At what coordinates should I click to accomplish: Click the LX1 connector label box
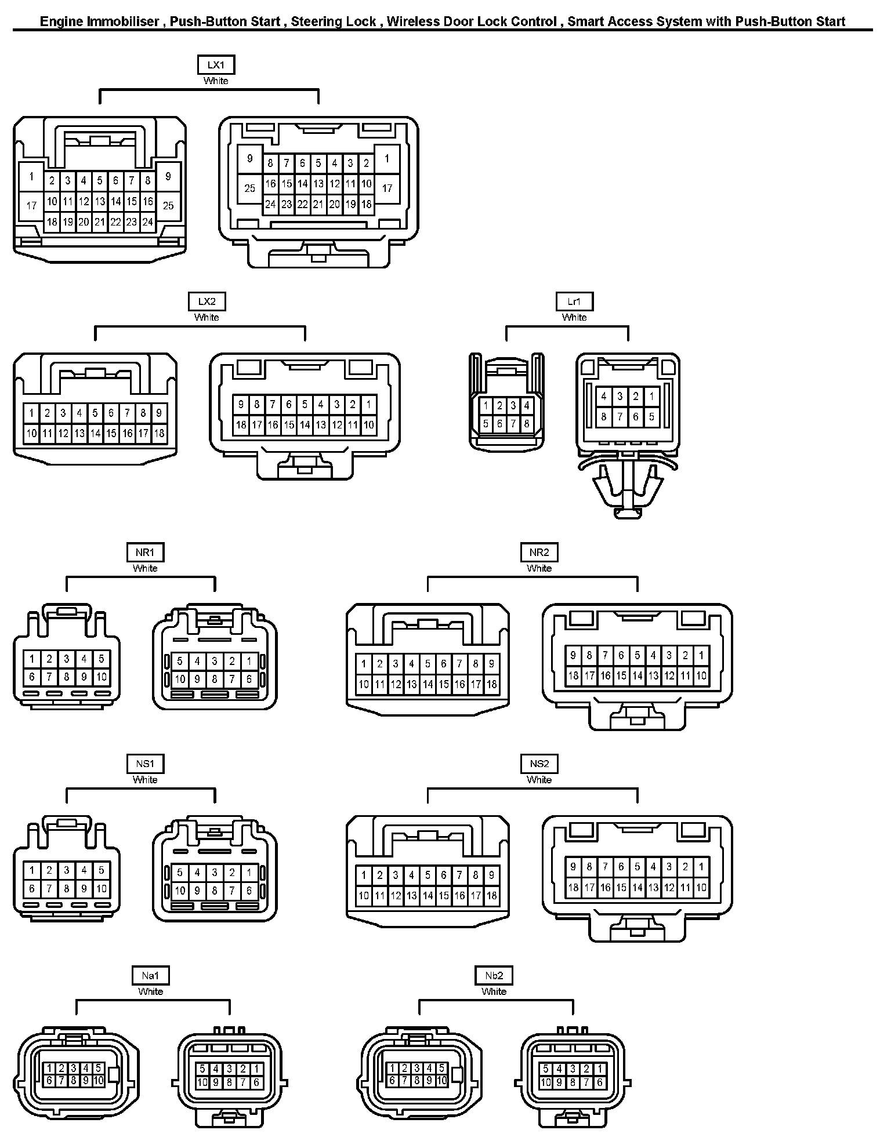click(x=216, y=65)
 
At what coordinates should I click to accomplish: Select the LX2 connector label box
click(x=207, y=301)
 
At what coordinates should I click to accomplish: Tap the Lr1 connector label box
click(x=574, y=301)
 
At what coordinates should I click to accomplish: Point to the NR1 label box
click(x=145, y=553)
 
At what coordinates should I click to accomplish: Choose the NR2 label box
click(x=539, y=553)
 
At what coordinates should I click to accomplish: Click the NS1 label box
click(x=145, y=764)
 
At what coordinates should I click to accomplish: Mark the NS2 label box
click(x=539, y=764)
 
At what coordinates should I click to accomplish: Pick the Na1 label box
click(x=150, y=976)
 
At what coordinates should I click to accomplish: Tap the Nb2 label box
click(x=494, y=976)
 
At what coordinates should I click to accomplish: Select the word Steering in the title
click(x=316, y=22)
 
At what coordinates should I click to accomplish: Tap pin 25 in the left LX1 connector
click(x=168, y=206)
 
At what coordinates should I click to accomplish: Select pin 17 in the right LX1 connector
click(x=387, y=188)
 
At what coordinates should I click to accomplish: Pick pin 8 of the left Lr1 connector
click(x=526, y=424)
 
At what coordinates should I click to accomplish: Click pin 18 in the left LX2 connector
click(x=159, y=433)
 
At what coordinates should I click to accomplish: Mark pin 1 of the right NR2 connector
click(x=701, y=656)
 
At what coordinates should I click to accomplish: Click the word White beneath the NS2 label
click(x=539, y=780)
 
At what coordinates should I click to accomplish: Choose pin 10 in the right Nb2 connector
click(x=546, y=1082)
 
